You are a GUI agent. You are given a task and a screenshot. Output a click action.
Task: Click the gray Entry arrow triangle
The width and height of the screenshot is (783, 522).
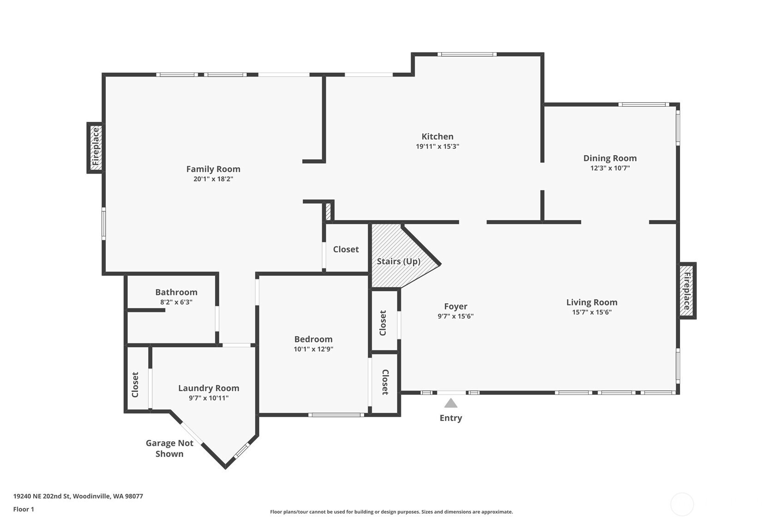(x=451, y=403)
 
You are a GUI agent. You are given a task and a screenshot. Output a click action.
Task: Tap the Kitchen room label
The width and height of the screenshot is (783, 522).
(x=437, y=136)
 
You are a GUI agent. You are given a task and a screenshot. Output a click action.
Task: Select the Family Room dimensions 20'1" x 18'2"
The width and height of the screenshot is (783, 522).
(x=213, y=179)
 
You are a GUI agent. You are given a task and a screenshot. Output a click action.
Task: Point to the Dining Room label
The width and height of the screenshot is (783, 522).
(x=610, y=158)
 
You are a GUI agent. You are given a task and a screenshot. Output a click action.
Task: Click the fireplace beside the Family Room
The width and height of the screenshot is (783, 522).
(x=96, y=148)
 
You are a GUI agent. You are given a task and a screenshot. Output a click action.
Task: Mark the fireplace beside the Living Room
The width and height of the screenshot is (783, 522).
(x=687, y=291)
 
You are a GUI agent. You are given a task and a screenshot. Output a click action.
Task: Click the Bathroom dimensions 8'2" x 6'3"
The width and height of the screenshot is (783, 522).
(x=176, y=302)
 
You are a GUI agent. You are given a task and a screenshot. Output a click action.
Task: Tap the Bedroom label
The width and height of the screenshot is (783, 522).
(x=313, y=339)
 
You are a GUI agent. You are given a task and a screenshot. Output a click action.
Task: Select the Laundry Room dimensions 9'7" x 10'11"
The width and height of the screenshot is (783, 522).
(x=209, y=398)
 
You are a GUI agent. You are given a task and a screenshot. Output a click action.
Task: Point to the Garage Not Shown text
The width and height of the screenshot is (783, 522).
(x=169, y=448)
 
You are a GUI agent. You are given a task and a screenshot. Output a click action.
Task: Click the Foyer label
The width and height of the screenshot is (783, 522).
(x=455, y=306)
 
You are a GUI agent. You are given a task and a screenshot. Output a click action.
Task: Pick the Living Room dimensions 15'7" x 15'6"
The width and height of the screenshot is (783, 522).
(x=592, y=312)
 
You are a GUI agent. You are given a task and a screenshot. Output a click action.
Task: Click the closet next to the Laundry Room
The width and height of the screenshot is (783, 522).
(x=137, y=378)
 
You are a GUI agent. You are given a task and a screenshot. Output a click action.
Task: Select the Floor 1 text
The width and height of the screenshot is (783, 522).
(x=24, y=509)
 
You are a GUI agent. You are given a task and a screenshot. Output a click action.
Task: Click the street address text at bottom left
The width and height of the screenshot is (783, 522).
(x=78, y=496)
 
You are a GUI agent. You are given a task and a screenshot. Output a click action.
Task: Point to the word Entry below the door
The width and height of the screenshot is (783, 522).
(x=451, y=418)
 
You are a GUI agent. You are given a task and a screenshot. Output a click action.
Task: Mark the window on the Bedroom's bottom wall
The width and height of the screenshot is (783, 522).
(x=336, y=415)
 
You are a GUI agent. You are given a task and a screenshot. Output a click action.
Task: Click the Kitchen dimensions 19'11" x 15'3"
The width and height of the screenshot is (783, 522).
(x=437, y=146)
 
